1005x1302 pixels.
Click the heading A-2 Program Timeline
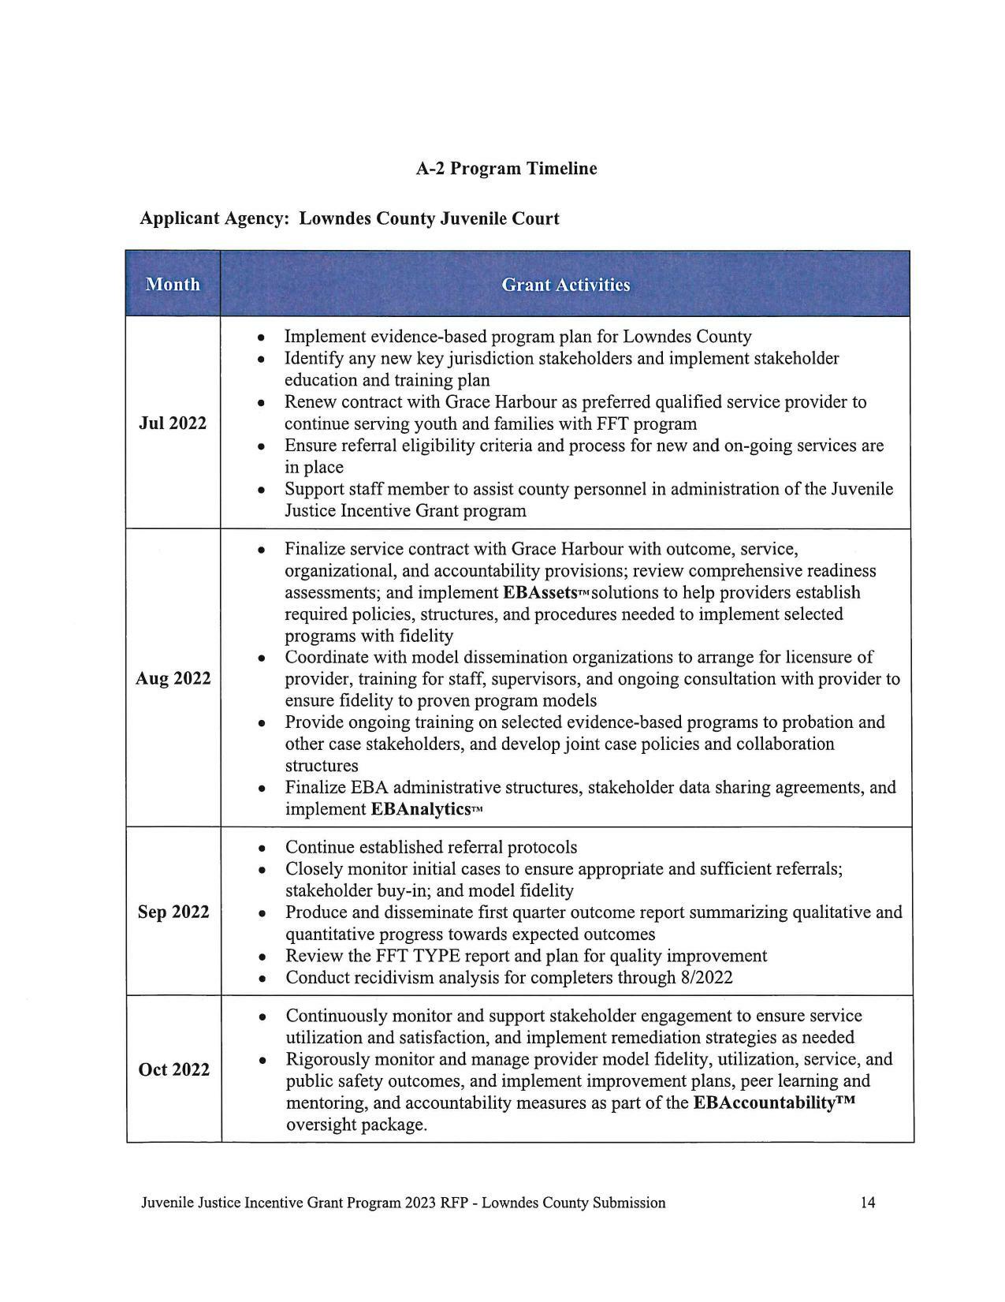pos(506,169)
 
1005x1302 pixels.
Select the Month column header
pos(173,285)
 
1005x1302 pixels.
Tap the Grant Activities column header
pos(565,285)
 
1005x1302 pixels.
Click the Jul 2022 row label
pos(173,423)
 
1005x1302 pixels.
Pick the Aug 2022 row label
pos(173,679)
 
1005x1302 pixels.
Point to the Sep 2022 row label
pos(173,912)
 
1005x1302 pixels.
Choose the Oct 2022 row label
pos(173,1070)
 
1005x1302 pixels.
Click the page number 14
pos(867,1203)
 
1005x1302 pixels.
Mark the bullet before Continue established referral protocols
pos(262,849)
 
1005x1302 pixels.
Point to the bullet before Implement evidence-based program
pos(262,338)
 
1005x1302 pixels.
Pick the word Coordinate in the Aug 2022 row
pos(325,658)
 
